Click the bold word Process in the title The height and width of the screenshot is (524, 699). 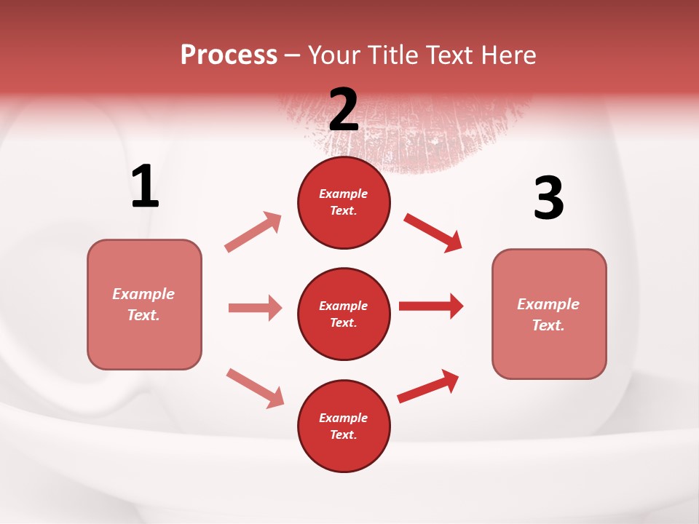[229, 55]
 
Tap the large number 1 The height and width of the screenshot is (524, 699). [145, 186]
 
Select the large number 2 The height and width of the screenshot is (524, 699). [344, 109]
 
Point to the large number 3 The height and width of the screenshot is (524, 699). [548, 199]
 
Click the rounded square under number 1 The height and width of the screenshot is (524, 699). [144, 304]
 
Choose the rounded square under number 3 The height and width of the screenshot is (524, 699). [549, 314]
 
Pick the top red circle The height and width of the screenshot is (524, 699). [344, 202]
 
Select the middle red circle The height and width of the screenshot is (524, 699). [344, 314]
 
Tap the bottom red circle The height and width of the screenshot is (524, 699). [344, 426]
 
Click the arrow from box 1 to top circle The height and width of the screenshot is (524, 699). [253, 231]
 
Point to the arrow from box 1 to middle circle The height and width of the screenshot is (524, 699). [255, 308]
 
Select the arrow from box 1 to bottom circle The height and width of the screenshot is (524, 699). [255, 388]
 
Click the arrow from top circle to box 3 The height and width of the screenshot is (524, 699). [433, 232]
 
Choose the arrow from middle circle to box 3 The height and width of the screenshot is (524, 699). [431, 306]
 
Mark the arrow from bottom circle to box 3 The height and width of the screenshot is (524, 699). [429, 386]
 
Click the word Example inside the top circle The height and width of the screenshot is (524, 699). [344, 194]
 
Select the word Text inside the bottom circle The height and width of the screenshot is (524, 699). [342, 434]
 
